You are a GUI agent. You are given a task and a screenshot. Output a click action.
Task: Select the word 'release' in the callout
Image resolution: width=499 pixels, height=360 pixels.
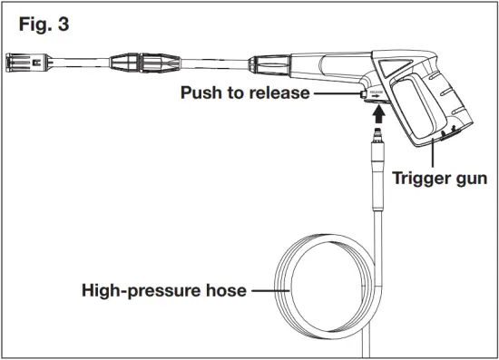click(281, 92)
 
